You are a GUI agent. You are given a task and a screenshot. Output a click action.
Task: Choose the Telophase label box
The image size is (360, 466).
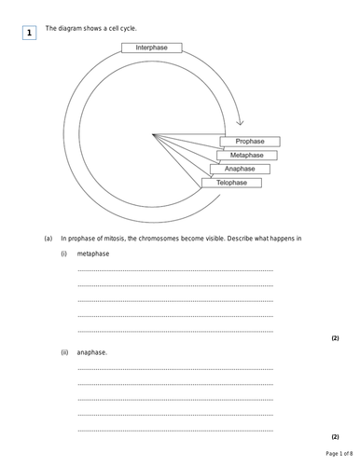coord(232,183)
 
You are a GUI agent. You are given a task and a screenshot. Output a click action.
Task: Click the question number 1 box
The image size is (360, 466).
coord(29,34)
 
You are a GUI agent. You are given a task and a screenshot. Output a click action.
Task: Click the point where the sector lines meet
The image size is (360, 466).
coord(154,136)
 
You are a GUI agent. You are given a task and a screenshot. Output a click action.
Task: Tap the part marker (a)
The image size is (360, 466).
coord(48,239)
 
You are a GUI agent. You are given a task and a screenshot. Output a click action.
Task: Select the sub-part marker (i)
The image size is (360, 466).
coord(64,254)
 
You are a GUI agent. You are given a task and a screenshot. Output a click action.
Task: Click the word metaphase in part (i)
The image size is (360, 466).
coord(93,254)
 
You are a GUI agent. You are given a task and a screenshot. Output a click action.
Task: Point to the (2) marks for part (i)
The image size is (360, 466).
coord(335,337)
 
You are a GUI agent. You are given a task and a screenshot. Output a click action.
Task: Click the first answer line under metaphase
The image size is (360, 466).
coord(174,270)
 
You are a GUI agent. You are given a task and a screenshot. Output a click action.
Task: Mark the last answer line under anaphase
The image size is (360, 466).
coord(174,430)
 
